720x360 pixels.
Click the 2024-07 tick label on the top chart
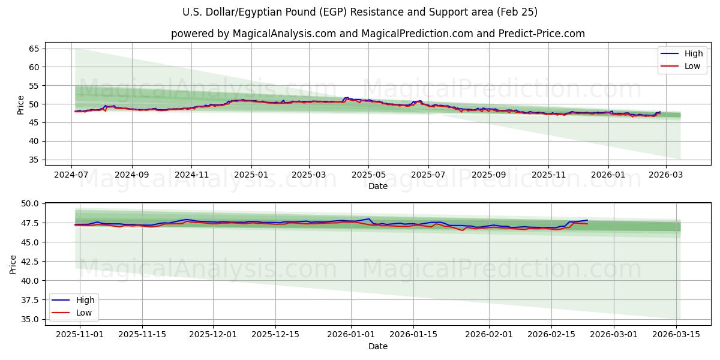point(72,175)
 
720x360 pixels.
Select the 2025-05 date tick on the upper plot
point(368,175)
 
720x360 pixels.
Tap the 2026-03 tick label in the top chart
point(666,175)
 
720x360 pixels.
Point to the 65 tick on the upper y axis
point(34,49)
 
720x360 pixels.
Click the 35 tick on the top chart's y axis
point(34,160)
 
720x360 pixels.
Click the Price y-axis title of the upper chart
point(20,104)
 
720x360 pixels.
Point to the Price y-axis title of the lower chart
point(13,263)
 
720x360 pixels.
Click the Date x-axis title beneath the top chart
point(378,186)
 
